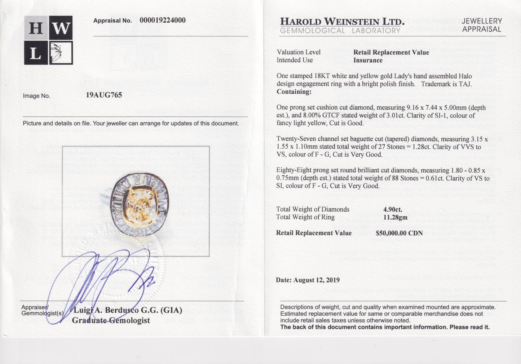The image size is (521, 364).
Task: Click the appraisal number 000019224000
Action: [162, 21]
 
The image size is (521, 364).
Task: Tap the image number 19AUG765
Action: [104, 95]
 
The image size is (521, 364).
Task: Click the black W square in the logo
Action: [61, 28]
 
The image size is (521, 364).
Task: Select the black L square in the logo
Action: [36, 53]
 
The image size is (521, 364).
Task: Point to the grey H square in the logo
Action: [36, 28]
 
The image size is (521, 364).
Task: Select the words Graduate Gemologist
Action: [111, 320]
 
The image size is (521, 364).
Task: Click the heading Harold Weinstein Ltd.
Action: [342, 22]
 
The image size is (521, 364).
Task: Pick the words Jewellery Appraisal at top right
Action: [482, 25]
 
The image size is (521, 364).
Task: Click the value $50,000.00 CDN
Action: [399, 233]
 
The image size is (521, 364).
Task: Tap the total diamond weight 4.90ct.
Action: [393, 209]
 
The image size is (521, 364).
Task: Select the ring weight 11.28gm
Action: [395, 217]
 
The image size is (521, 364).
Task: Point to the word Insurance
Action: [368, 61]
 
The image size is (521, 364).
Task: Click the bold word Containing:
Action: [294, 92]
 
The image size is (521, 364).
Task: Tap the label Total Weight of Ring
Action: [305, 217]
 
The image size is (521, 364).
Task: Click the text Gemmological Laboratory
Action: [340, 31]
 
